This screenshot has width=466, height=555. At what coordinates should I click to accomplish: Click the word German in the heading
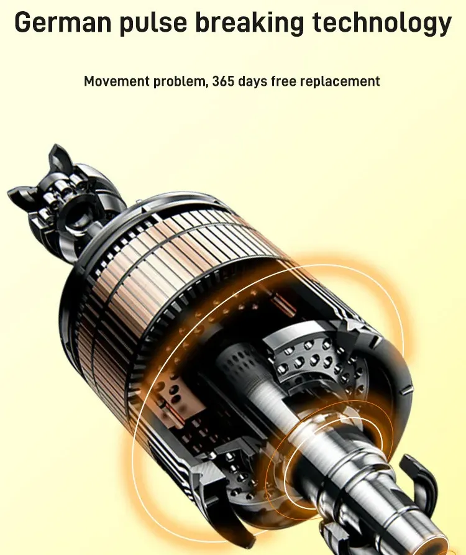[63, 22]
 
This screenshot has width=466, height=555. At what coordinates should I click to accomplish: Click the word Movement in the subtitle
[117, 81]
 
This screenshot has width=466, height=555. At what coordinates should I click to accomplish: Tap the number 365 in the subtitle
[223, 81]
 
